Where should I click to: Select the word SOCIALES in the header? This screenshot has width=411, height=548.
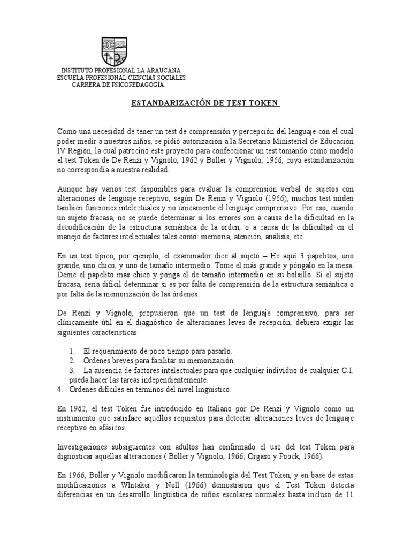click(168, 78)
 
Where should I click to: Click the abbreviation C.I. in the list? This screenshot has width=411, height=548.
click(346, 370)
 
